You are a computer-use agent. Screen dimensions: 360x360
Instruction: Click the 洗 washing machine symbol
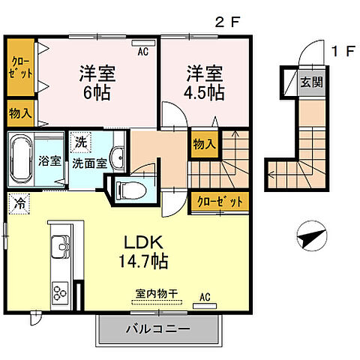[80, 140]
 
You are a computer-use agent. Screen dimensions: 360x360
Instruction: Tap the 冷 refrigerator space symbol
[17, 201]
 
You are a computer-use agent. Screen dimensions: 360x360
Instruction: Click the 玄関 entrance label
[312, 82]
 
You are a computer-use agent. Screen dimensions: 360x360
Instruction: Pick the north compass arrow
[308, 238]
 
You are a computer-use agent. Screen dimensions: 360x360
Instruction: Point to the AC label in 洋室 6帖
[142, 52]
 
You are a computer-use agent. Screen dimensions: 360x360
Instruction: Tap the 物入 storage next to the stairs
[202, 142]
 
